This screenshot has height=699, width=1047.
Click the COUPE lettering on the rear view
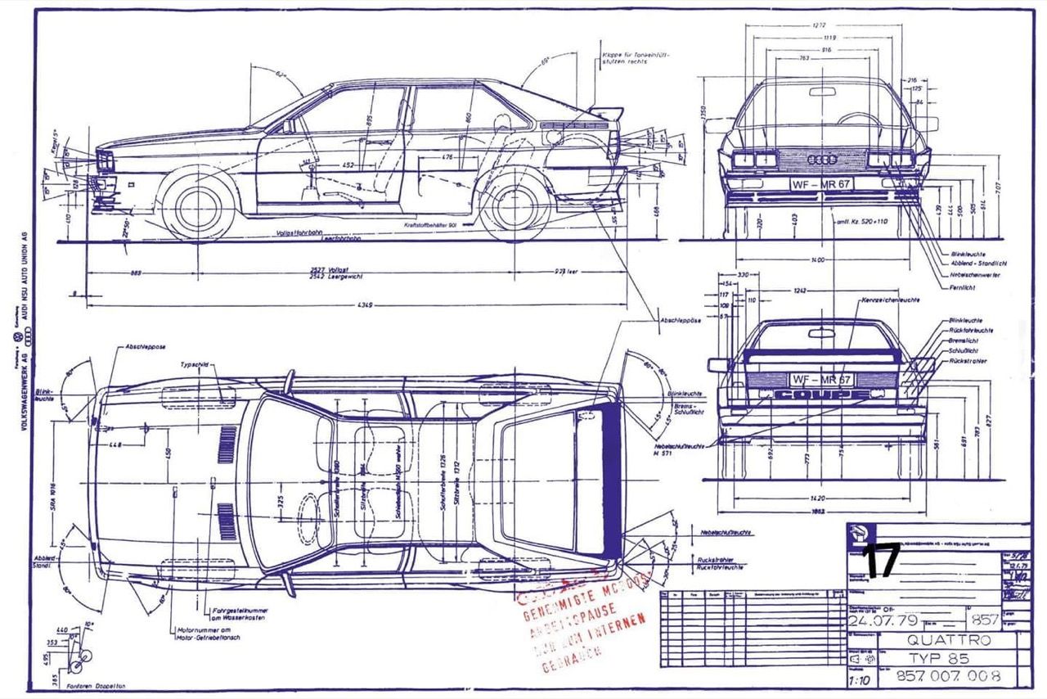(822, 395)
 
